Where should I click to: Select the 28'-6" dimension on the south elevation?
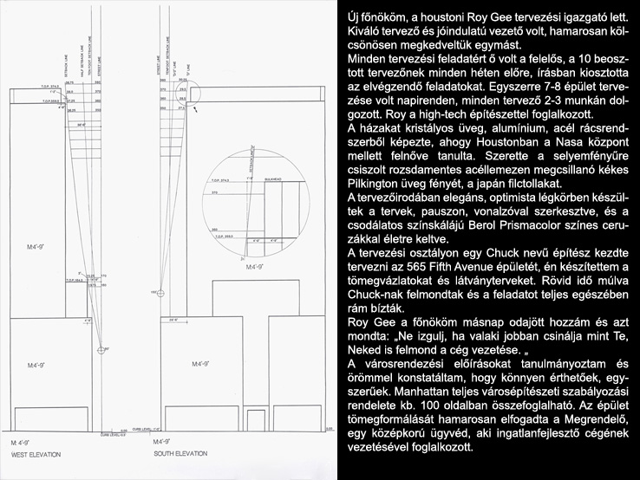point(176,320)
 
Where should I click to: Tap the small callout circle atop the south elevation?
point(193,89)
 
